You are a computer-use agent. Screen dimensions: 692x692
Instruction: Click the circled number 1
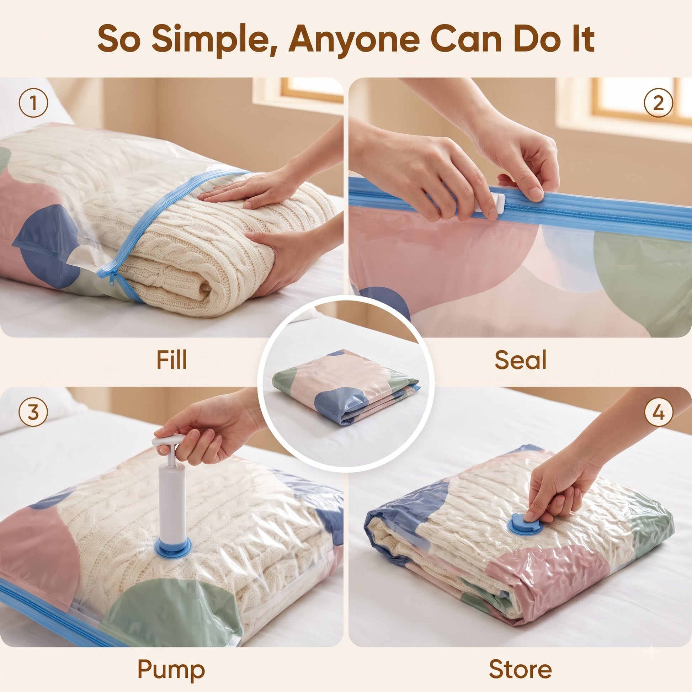point(33,103)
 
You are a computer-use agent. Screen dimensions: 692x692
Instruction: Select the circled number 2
point(658,103)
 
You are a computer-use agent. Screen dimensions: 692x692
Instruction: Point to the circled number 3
point(33,411)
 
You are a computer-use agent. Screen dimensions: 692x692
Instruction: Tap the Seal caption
point(521,360)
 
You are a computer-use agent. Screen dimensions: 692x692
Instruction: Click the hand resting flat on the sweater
point(247,190)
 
